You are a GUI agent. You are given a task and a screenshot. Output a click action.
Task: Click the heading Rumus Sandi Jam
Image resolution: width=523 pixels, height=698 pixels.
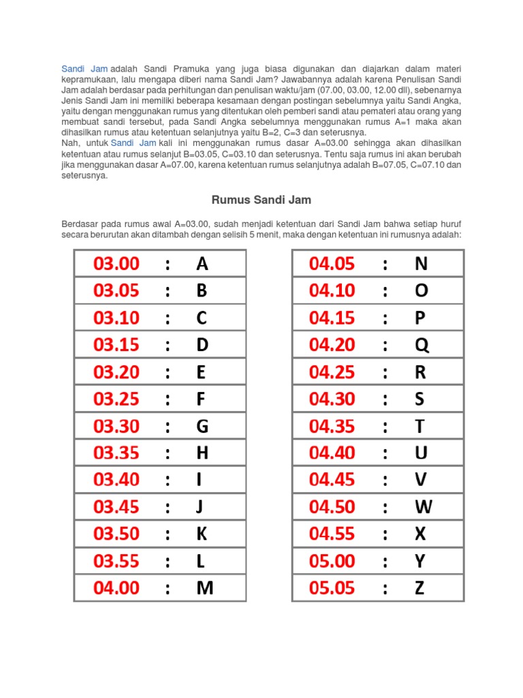[x=261, y=200]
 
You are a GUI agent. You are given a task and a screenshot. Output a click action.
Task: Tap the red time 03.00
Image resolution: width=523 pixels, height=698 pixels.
[x=116, y=264]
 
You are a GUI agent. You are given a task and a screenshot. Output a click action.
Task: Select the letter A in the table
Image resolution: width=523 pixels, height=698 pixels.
[x=202, y=264]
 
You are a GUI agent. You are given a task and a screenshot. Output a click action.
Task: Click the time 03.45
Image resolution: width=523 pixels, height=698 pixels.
[x=116, y=507]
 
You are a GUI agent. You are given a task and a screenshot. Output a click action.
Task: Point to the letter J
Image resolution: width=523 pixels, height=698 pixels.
[x=200, y=507]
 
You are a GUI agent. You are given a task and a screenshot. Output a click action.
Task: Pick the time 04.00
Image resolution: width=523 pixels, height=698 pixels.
[x=116, y=588]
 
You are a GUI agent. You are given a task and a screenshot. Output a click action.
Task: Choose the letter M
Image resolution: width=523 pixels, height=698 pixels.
[x=204, y=588]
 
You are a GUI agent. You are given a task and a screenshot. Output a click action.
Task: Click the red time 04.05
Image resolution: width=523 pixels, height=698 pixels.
[x=332, y=264]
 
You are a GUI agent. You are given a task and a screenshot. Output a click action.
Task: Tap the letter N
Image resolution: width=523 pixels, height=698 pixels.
[x=421, y=264]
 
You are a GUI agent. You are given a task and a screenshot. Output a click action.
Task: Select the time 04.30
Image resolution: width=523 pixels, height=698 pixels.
[x=332, y=399]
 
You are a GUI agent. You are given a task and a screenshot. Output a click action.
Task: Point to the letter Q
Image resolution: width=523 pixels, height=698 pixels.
[x=422, y=345]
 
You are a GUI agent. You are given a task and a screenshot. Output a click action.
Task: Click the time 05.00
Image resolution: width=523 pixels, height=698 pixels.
[x=332, y=561]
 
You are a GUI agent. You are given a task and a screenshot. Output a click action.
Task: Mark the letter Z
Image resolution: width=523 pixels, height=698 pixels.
[x=419, y=588]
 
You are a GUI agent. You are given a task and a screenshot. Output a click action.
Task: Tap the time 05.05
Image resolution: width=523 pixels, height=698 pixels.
[x=332, y=588]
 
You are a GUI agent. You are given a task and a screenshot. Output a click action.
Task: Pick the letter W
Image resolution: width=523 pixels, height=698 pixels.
[x=423, y=507]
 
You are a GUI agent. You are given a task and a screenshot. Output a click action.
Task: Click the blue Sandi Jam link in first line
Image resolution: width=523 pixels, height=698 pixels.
[x=84, y=69]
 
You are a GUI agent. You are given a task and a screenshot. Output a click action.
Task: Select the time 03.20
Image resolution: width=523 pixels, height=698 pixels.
[x=116, y=372]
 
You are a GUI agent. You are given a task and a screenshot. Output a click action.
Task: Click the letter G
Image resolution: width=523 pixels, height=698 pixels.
[x=202, y=426]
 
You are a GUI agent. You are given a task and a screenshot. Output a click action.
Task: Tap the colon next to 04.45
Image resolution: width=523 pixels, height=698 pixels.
[x=385, y=480]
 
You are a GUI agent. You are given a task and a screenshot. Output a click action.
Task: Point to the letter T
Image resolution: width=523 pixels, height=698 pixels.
[x=419, y=426]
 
